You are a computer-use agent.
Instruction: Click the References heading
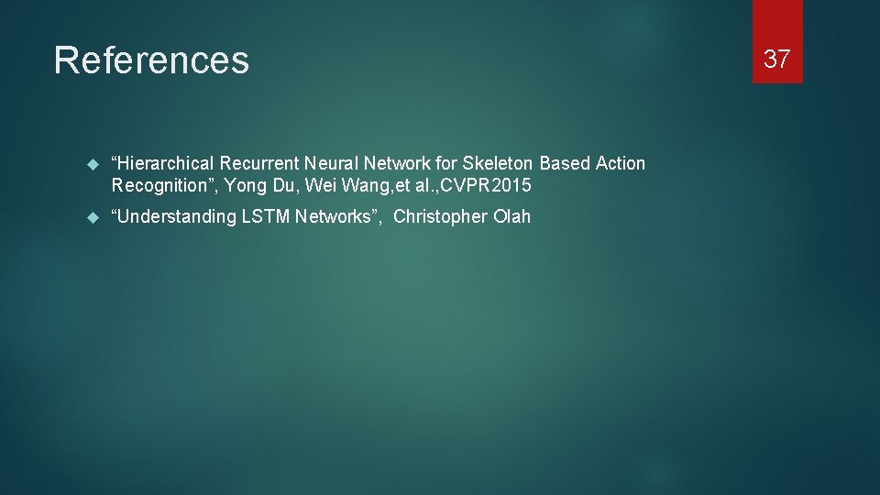point(151,60)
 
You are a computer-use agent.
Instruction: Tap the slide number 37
point(777,59)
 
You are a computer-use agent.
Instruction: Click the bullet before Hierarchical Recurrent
point(91,164)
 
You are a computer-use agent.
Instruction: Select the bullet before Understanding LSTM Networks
point(91,217)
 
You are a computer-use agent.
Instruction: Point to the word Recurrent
point(259,163)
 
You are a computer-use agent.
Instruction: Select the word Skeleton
point(499,163)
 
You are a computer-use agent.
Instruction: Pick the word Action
point(621,163)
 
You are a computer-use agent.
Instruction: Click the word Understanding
point(174,217)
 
